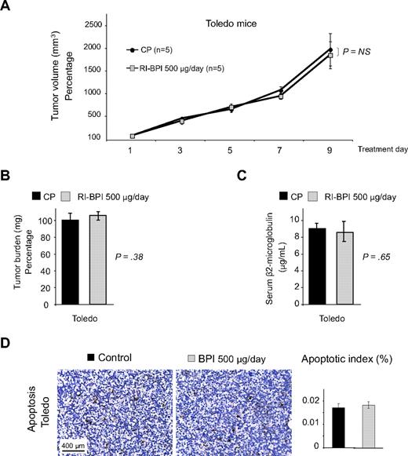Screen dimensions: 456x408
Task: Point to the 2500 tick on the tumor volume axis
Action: [x=94, y=25]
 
